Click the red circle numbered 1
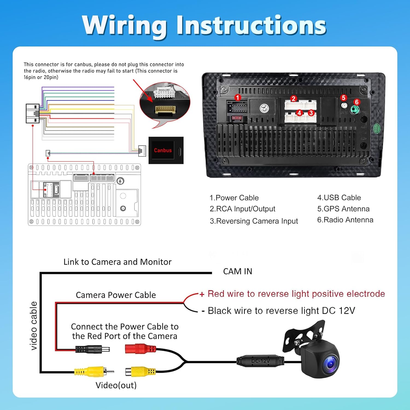[x=238, y=98]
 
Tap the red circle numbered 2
[x=293, y=99]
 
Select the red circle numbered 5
[x=344, y=98]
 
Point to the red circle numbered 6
[x=356, y=102]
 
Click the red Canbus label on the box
[x=163, y=150]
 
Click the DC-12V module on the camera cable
[x=260, y=361]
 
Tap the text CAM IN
[x=238, y=271]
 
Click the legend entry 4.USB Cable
[x=339, y=198]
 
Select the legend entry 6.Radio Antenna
[x=345, y=220]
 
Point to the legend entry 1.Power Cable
[x=234, y=198]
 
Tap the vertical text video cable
[x=33, y=326]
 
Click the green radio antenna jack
[x=355, y=110]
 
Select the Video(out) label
[x=116, y=385]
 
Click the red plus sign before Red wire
[x=202, y=294]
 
